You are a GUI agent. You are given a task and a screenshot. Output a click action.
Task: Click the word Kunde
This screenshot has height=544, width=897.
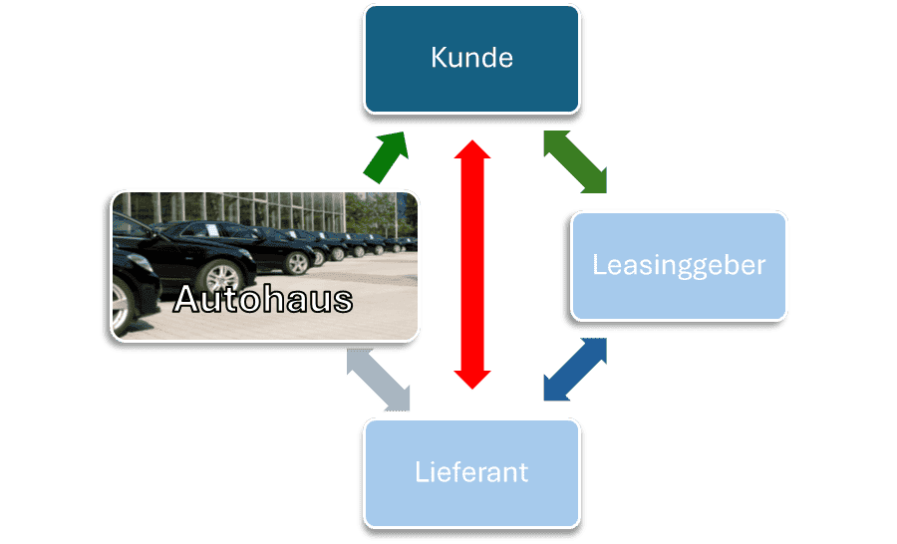click(471, 58)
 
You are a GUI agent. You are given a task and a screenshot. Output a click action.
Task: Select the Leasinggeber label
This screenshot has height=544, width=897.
click(679, 265)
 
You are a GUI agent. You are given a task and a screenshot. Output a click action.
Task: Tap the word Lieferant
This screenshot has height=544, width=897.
click(471, 471)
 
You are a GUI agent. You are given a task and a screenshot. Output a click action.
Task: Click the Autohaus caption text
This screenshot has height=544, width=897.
click(263, 299)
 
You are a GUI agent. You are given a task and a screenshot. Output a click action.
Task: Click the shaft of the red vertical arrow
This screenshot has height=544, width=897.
click(472, 264)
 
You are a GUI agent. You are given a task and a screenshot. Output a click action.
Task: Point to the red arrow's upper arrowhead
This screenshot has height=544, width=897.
click(472, 152)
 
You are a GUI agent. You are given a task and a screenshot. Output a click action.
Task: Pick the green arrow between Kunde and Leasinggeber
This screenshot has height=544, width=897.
click(575, 161)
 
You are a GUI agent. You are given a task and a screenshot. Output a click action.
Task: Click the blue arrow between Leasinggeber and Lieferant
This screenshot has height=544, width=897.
click(576, 370)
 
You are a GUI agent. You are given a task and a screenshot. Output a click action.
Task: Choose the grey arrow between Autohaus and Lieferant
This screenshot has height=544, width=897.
click(378, 380)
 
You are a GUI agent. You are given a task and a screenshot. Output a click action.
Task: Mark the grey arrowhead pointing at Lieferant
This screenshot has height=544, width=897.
click(398, 399)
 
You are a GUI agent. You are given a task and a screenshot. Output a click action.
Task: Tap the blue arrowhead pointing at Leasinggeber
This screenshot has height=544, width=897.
click(596, 350)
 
